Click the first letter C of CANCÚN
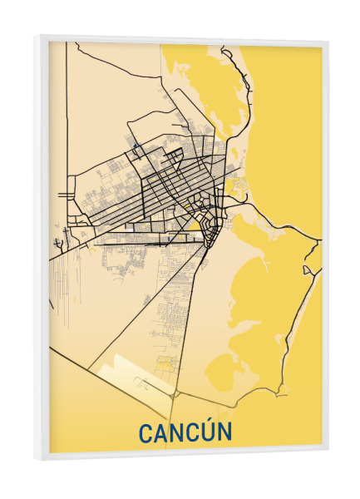click(x=145, y=432)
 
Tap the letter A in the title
click(x=161, y=432)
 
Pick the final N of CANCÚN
click(x=225, y=432)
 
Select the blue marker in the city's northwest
click(x=133, y=149)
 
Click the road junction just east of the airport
click(x=176, y=391)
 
